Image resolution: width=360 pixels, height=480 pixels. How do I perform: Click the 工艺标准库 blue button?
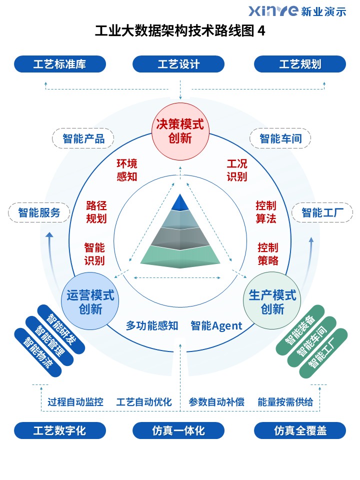pos(60,64)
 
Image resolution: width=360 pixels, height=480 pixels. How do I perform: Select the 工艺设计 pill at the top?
pos(178,64)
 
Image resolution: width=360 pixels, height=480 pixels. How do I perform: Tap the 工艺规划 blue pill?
pos(300,64)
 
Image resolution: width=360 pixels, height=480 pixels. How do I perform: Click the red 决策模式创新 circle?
pos(180,131)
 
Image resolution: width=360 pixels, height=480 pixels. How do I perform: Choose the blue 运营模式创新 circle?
pos(90,301)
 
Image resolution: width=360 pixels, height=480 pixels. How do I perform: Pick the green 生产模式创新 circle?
pos(272,301)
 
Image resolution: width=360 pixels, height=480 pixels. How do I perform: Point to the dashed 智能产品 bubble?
pos(83,138)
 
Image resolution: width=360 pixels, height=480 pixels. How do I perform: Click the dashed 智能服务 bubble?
pos(39,212)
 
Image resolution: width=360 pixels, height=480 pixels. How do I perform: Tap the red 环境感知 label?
pos(126,170)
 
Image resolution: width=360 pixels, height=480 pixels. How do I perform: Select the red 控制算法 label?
pos(266,212)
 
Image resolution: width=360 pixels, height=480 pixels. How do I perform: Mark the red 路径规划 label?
pos(96,212)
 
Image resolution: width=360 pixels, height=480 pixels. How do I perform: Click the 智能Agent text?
pos(216,325)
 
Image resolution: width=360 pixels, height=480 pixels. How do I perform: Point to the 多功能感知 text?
pos(152,325)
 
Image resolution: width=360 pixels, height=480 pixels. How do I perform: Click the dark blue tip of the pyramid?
pos(180,202)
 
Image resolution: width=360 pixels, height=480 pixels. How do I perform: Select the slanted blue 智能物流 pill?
pos(38,352)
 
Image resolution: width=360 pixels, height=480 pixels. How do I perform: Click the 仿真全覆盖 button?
pos(300,430)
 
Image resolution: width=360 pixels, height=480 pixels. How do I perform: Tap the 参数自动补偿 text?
pos(216,402)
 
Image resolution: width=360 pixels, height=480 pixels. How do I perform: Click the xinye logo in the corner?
pos(297,11)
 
